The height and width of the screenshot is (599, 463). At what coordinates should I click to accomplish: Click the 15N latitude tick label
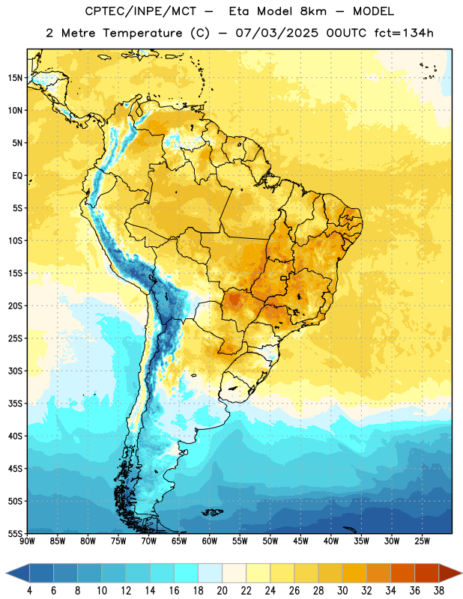[15, 78]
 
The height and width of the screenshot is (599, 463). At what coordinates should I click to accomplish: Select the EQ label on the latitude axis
[17, 176]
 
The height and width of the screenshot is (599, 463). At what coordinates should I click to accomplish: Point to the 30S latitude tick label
[15, 371]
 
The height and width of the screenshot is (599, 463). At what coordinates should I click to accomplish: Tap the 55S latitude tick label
[15, 533]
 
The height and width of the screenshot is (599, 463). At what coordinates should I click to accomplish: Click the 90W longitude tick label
[27, 541]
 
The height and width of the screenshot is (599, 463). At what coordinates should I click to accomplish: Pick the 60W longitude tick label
[210, 541]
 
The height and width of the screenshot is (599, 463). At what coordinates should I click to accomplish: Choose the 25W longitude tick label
[422, 541]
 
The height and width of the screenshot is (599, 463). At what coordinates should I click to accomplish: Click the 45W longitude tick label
[300, 541]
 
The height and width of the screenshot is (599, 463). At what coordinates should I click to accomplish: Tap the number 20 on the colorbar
[222, 591]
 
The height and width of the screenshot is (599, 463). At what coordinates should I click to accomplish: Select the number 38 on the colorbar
[438, 591]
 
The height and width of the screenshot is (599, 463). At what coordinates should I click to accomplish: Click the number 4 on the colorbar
[29, 591]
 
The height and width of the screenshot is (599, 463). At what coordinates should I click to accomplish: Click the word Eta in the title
[239, 11]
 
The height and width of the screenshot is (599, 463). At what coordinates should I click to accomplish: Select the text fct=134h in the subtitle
[404, 33]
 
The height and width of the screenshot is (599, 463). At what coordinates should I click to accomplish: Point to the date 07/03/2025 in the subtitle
[276, 33]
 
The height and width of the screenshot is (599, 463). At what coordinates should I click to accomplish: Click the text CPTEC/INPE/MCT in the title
[141, 11]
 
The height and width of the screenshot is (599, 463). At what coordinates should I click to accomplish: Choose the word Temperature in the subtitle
[142, 34]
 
